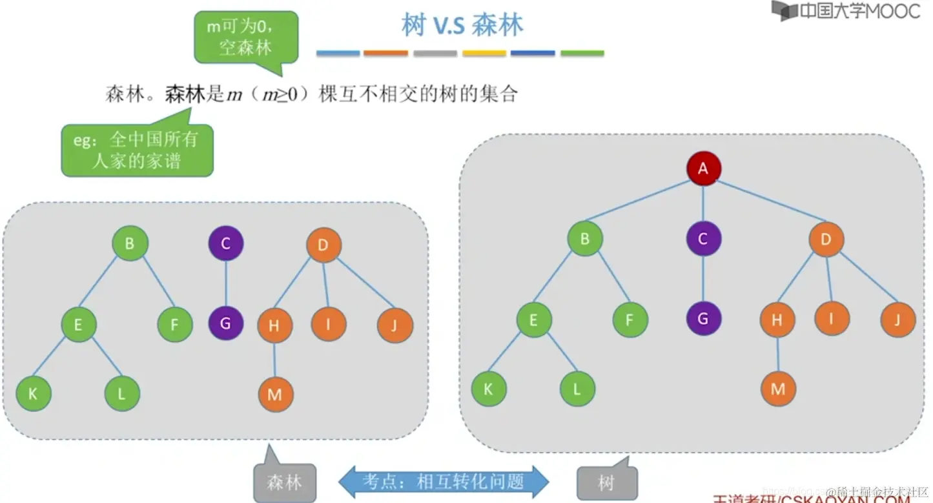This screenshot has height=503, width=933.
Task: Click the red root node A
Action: coord(703,169)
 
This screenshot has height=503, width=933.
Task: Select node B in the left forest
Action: coord(130,243)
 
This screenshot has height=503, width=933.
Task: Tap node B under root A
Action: coord(585,238)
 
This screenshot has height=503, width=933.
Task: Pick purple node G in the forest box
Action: coord(225,322)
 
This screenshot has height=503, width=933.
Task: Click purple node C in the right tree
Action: coord(703,238)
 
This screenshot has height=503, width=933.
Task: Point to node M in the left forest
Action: coord(275,394)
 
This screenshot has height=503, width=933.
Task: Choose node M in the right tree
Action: coord(777,389)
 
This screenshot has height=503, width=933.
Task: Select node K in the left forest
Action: coord(33,393)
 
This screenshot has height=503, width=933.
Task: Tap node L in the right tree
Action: coord(577,389)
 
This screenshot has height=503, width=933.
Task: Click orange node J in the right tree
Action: coord(897,319)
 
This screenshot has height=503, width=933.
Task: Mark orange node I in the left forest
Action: coord(328,323)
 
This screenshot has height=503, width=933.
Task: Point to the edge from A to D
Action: coord(768,201)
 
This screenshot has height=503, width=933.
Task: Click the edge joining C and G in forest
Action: coord(225,283)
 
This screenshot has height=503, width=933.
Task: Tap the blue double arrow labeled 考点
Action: coord(444,482)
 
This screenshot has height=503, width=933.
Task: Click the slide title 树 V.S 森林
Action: coord(462,25)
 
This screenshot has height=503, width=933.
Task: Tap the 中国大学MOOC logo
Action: coord(846,11)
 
